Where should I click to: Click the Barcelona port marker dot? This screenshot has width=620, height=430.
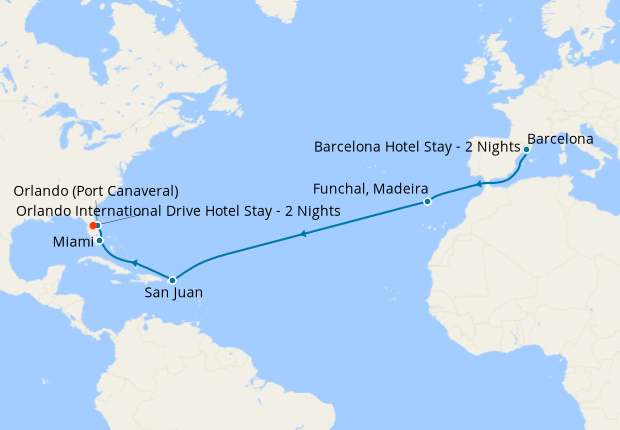pos(526,149)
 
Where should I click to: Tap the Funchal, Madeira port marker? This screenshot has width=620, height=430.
pos(427,201)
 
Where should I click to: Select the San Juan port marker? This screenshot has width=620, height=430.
pos(173,280)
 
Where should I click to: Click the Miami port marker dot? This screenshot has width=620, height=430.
pos(99,240)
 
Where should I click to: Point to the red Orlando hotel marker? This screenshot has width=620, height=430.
pos(94,226)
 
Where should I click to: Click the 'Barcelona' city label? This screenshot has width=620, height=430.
pos(560,136)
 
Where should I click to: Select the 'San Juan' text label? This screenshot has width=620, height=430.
pos(172,296)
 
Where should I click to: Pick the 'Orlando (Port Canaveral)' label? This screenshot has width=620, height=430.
pos(96,191)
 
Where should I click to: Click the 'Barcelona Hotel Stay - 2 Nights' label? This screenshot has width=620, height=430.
pos(415,146)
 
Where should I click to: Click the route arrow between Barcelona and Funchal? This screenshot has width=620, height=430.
pos(481,183)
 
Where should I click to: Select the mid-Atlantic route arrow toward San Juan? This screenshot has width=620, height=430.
pos(301,236)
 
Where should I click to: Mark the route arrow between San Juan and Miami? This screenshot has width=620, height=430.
pos(134,262)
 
